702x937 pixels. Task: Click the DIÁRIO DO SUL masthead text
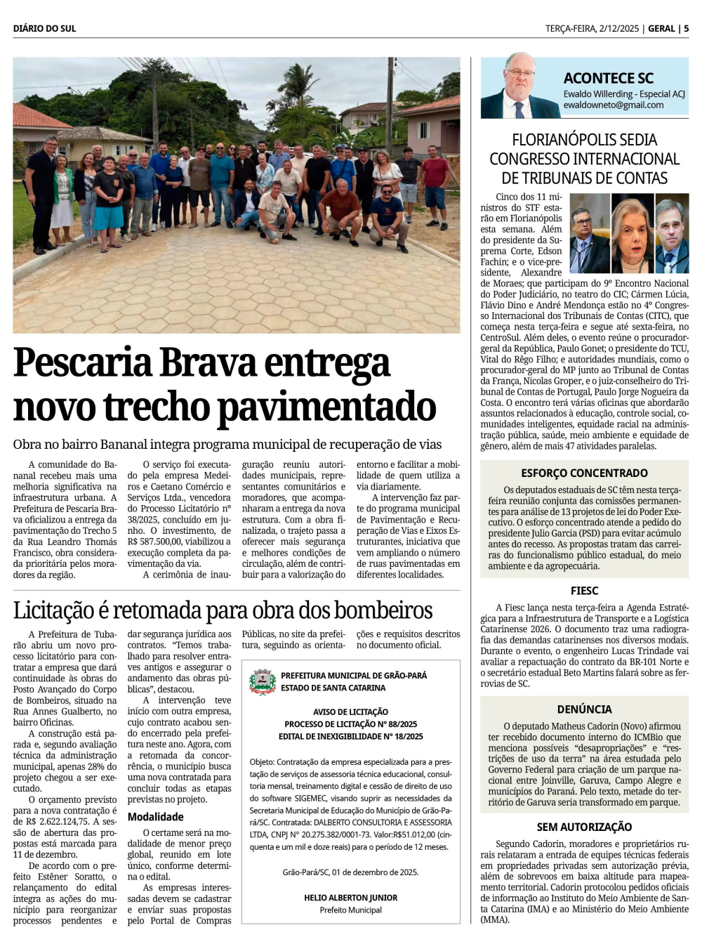click(x=44, y=28)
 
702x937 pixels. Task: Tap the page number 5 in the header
click(x=686, y=28)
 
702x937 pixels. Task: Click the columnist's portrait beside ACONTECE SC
click(x=520, y=87)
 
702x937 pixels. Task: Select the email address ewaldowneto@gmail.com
click(x=613, y=105)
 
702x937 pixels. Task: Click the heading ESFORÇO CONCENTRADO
click(x=584, y=473)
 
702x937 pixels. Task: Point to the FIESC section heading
click(x=584, y=591)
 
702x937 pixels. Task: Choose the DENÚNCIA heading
click(x=584, y=709)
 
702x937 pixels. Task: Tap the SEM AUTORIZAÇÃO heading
click(x=584, y=827)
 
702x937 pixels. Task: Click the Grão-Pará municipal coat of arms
click(x=263, y=681)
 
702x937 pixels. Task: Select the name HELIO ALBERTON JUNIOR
click(x=350, y=898)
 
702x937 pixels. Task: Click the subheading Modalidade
click(x=155, y=817)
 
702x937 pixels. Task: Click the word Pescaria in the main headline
click(x=83, y=364)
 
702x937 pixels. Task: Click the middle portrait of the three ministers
click(x=632, y=234)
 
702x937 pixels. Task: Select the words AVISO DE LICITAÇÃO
click(x=350, y=712)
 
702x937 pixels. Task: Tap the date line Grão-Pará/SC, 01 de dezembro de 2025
click(x=350, y=872)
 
